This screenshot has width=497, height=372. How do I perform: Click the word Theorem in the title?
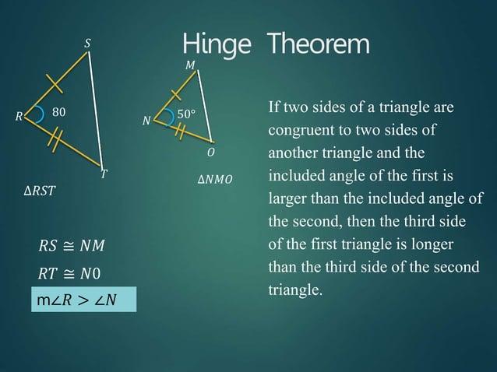click(x=319, y=44)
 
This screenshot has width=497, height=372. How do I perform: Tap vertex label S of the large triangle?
click(x=86, y=44)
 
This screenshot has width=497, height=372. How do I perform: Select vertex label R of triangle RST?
click(x=18, y=118)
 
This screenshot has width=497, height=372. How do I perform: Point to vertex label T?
click(x=103, y=175)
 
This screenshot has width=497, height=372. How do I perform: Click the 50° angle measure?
click(x=185, y=114)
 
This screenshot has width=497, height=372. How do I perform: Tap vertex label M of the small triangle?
click(x=190, y=66)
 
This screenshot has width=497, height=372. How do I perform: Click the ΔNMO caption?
click(x=215, y=181)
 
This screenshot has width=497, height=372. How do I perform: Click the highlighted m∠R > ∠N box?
click(x=83, y=299)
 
